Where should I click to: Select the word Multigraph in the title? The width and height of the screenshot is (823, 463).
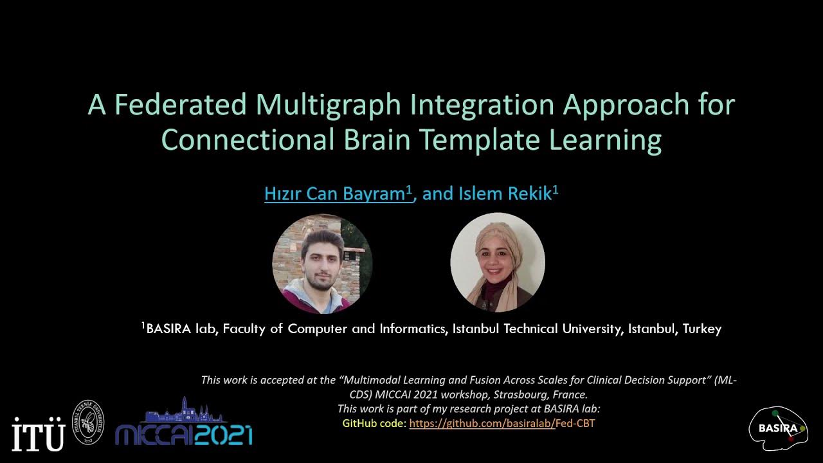point(319,105)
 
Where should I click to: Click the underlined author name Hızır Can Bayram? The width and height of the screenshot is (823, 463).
point(338,194)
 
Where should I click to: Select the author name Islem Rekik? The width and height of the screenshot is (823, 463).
point(508,194)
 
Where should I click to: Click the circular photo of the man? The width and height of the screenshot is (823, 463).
point(322,264)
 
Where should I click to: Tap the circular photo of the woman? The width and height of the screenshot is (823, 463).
point(498,262)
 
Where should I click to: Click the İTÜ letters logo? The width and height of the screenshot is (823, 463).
point(39,434)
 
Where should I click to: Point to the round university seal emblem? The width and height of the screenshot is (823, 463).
point(87,422)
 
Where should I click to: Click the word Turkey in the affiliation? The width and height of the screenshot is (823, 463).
point(702,329)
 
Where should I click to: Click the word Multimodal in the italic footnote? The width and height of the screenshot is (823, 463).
point(377,380)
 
